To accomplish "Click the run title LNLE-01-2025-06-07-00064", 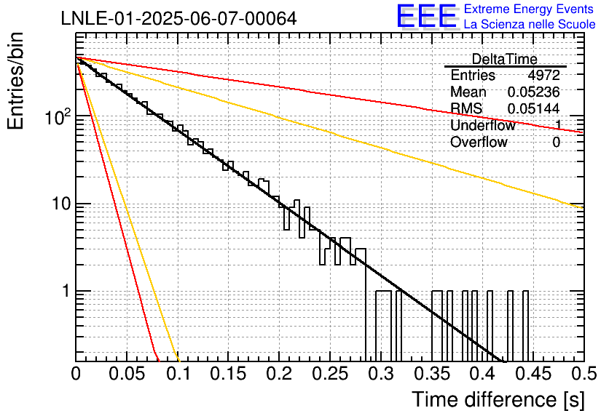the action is coord(178,18).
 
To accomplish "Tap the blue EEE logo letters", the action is coord(427,16).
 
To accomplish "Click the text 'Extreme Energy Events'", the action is coord(529,9).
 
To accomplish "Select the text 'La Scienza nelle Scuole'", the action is coord(530,24).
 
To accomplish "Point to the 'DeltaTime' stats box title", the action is coord(504,59).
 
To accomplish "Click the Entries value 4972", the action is coord(543,75).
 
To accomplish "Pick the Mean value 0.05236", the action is coord(533,92).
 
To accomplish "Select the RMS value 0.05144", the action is coord(533,108).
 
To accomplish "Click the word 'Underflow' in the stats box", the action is coord(483,125).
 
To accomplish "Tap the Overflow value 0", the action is coord(556,143).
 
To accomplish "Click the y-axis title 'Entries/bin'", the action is coord(15,81).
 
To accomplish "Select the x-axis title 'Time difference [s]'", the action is coord(498,399).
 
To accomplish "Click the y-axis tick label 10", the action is coord(62,204).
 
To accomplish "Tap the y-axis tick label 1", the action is coord(66,291).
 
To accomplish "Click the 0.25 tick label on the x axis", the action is coord(330,374).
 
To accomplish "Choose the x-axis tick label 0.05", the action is coord(127,374).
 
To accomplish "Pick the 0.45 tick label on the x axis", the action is coord(533,374).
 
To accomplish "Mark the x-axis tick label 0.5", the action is coord(584,374).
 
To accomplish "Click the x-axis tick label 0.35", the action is coord(432,374).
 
